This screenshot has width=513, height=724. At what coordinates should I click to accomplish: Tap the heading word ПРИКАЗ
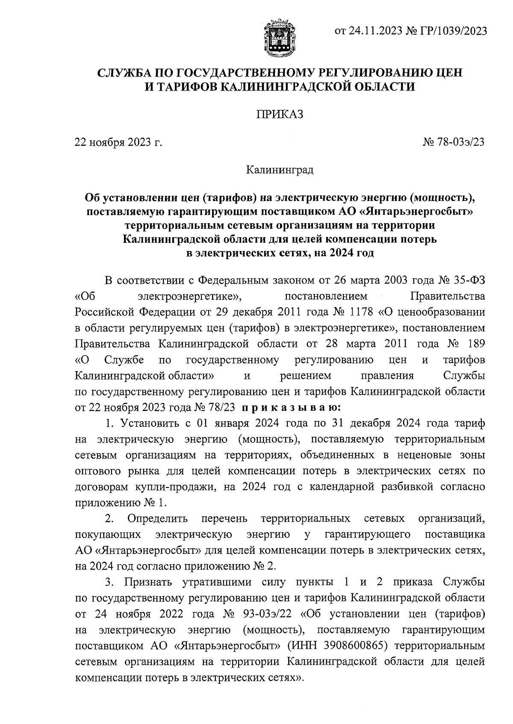[280, 114]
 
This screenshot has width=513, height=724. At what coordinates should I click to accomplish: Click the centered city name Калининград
[280, 170]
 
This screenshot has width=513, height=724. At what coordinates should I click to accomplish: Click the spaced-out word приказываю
[291, 407]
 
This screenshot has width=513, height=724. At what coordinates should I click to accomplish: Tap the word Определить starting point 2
[157, 519]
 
